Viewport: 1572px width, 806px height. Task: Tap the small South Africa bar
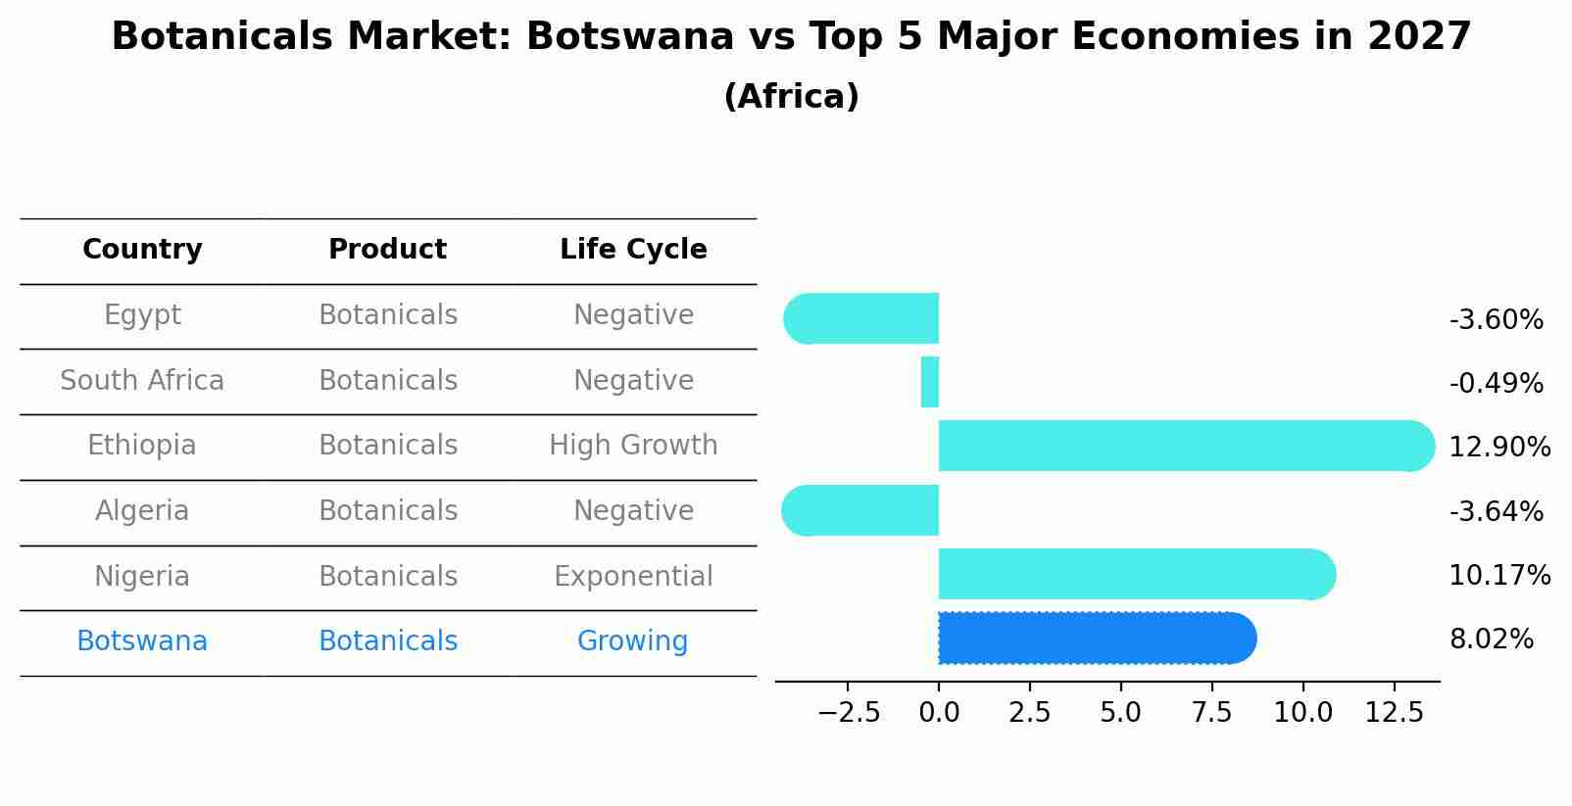click(930, 382)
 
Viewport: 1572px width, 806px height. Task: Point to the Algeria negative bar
click(862, 510)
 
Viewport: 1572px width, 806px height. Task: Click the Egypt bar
click(862, 318)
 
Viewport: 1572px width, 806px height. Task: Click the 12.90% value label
click(1498, 448)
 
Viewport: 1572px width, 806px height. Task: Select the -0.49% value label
click(1496, 384)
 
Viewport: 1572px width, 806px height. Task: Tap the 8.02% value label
click(1491, 640)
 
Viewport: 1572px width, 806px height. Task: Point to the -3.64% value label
click(1496, 512)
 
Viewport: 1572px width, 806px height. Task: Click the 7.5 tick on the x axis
click(1211, 713)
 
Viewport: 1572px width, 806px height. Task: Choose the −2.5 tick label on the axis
click(849, 713)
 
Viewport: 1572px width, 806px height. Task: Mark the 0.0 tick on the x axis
click(939, 713)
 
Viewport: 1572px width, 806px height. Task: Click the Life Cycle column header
click(633, 250)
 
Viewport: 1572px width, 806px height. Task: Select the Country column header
click(142, 250)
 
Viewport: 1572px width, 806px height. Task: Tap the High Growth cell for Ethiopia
click(633, 446)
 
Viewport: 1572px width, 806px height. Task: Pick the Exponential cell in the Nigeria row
click(633, 577)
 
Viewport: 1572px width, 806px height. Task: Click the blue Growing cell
click(632, 641)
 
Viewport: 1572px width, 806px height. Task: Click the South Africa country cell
click(142, 381)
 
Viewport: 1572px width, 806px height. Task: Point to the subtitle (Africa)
click(791, 97)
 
